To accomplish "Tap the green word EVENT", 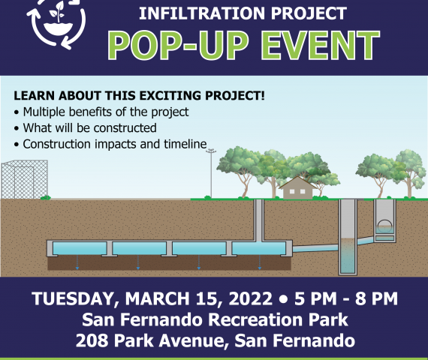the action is [321, 45].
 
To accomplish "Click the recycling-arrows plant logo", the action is [56, 23].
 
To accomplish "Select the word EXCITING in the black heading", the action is [171, 96].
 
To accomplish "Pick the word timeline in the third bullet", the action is [185, 144].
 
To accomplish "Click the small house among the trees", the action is [297, 188].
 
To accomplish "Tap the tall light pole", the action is [211, 173].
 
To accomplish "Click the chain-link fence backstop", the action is [25, 179].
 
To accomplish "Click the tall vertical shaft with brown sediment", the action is [348, 237].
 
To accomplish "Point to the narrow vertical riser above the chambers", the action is [259, 220].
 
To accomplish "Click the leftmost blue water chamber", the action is [80, 248].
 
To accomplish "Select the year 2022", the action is [250, 298].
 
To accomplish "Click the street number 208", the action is [92, 340].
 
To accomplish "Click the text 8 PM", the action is [376, 298].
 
